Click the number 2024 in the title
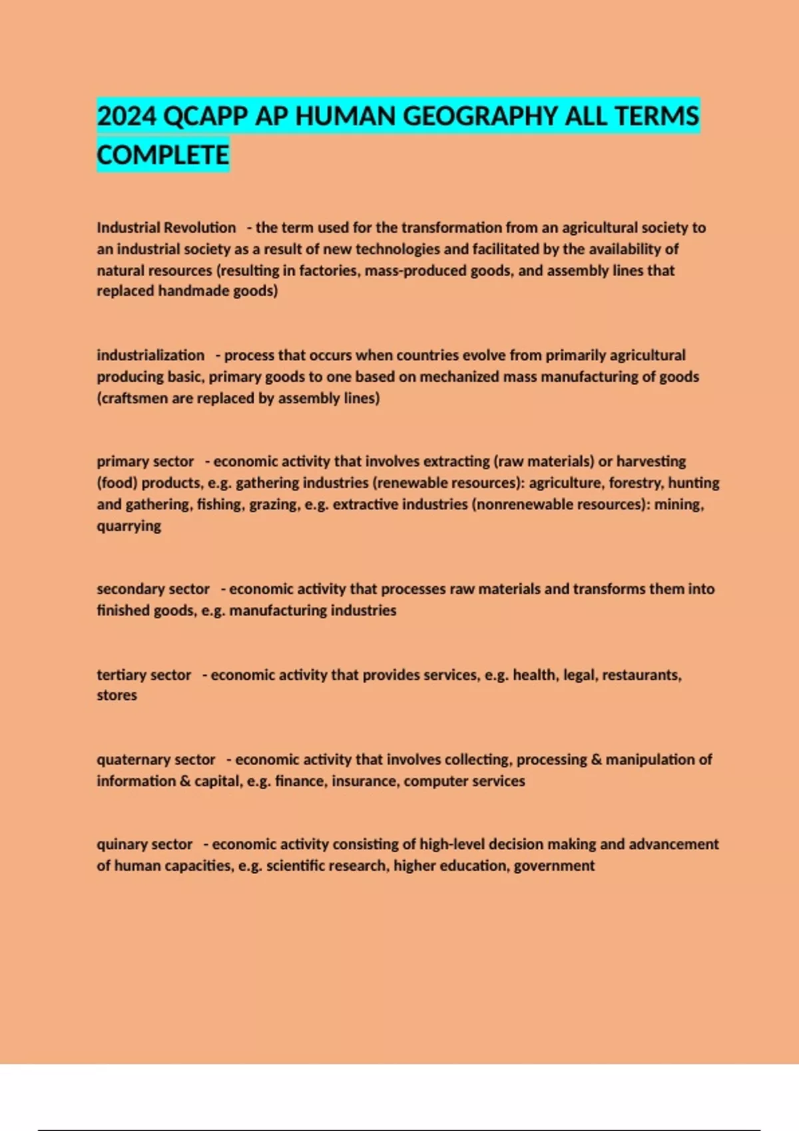(x=127, y=116)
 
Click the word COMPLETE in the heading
(x=163, y=155)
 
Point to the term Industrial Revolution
(x=166, y=228)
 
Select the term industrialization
(x=150, y=355)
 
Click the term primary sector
(x=145, y=462)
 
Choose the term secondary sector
(x=153, y=589)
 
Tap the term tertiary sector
(x=144, y=675)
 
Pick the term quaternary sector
(x=156, y=760)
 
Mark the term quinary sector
(x=144, y=844)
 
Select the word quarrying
(x=129, y=526)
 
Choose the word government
(x=554, y=866)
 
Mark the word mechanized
(x=459, y=377)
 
